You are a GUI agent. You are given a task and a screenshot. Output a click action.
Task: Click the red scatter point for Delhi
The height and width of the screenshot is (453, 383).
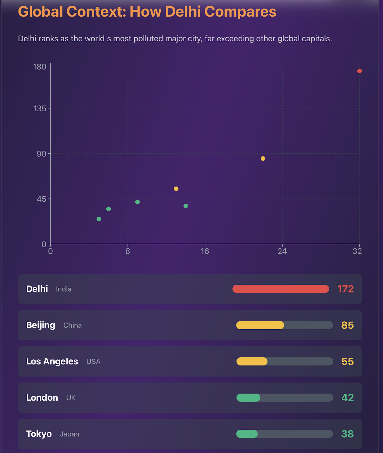pyautogui.click(x=360, y=71)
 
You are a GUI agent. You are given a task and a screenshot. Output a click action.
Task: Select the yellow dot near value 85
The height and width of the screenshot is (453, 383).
pyautogui.click(x=263, y=159)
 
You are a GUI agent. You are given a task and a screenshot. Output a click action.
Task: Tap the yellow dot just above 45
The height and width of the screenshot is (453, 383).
pyautogui.click(x=176, y=189)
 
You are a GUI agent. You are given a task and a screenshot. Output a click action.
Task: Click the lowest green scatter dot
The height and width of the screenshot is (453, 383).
pyautogui.click(x=99, y=219)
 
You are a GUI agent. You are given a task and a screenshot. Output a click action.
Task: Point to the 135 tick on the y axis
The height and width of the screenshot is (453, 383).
pyautogui.click(x=40, y=108)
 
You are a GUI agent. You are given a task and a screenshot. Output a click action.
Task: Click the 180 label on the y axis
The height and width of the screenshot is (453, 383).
pyautogui.click(x=40, y=67)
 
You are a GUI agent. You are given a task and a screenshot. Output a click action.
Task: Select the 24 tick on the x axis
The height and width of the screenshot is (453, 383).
pyautogui.click(x=282, y=251)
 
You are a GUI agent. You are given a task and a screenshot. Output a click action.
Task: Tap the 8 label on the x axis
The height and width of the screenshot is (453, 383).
pyautogui.click(x=128, y=251)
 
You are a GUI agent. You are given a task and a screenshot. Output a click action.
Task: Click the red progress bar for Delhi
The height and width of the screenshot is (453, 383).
pyautogui.click(x=281, y=289)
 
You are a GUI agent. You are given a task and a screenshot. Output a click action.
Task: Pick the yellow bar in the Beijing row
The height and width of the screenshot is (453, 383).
pyautogui.click(x=260, y=325)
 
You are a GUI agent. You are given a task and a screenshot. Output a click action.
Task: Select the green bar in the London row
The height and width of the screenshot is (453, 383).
pyautogui.click(x=248, y=398)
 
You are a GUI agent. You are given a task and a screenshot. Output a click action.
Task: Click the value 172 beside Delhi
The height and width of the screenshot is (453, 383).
pyautogui.click(x=345, y=289)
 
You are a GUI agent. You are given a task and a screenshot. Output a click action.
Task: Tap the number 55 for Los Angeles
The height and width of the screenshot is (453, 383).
pyautogui.click(x=348, y=362)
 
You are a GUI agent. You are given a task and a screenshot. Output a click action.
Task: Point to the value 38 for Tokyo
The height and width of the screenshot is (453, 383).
pyautogui.click(x=348, y=434)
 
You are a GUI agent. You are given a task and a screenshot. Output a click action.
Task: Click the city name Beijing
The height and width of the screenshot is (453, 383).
pyautogui.click(x=40, y=325)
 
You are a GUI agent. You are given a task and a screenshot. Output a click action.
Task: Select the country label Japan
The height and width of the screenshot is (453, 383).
pyautogui.click(x=69, y=434)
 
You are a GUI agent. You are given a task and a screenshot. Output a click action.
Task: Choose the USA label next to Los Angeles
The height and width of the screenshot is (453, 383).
pyautogui.click(x=93, y=362)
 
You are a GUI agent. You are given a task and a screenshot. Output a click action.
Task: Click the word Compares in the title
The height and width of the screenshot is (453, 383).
pyautogui.click(x=240, y=12)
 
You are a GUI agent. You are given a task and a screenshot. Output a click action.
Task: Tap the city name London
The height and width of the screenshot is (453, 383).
pyautogui.click(x=42, y=398)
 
